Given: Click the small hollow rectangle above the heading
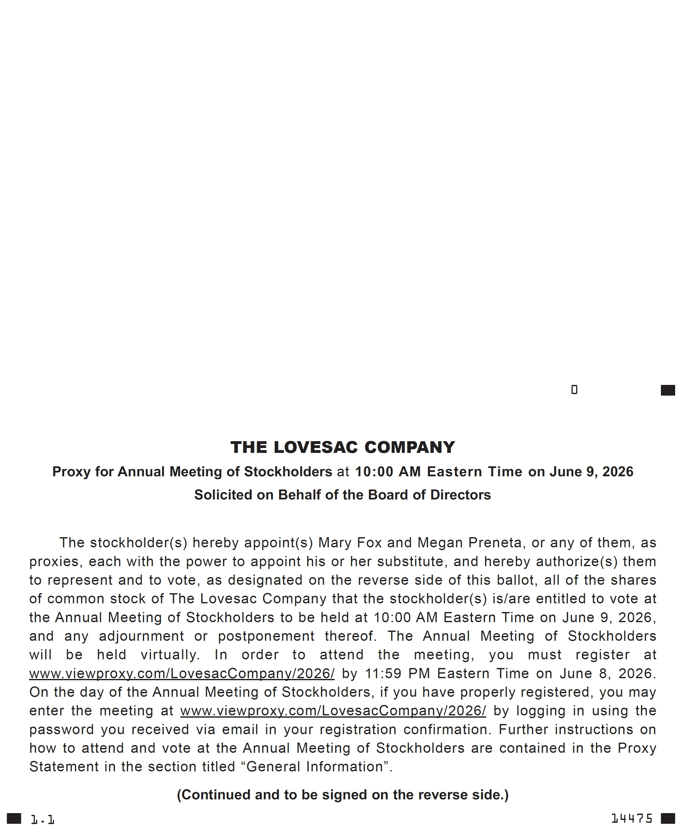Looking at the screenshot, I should (574, 389).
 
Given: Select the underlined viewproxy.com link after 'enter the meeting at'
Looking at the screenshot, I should (333, 711).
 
